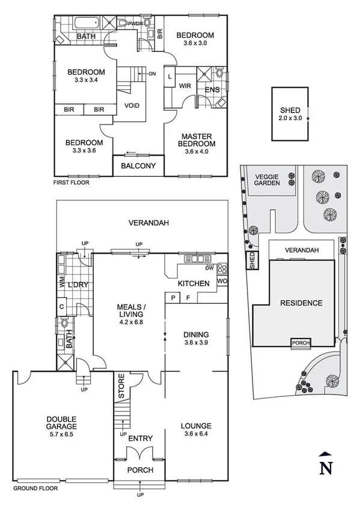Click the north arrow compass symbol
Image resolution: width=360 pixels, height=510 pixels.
pos(325,462)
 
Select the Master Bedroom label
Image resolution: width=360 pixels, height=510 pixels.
pos(197,141)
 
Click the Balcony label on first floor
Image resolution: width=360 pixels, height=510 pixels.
pos(139,166)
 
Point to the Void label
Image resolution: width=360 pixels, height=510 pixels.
pos(132,106)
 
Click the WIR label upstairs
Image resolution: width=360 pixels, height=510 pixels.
pos(185,86)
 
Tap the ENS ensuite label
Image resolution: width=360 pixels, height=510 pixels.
pos(212,90)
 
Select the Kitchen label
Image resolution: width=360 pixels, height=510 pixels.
pos(193,283)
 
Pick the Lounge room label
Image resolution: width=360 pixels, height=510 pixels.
pos(196,430)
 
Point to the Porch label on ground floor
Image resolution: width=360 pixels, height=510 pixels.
pos(140,470)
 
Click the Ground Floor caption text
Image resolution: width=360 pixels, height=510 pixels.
pos(35,489)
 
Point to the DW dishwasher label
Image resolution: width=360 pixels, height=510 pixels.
pos(209,268)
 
